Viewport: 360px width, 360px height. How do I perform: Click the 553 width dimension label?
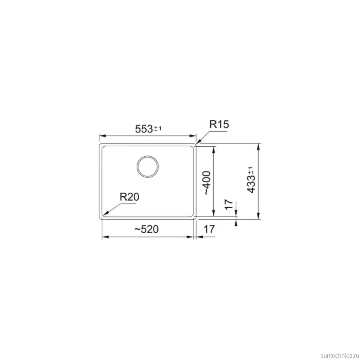point(144,129)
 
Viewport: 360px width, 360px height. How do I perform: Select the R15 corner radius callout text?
point(219,124)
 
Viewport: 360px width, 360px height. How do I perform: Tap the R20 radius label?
point(129,197)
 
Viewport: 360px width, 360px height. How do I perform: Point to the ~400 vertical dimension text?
point(207,183)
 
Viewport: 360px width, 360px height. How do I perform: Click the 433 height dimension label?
point(251,183)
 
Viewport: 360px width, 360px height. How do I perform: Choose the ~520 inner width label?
point(146,229)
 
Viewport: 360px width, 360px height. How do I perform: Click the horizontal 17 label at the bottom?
point(209,229)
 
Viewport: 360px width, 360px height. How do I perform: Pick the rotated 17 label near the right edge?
point(229,204)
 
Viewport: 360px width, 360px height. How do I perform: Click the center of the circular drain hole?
point(148,167)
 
